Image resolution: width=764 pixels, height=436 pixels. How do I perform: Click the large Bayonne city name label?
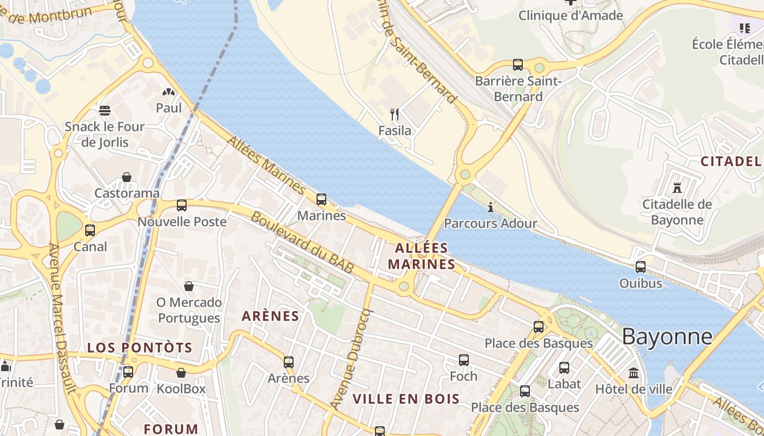pyautogui.click(x=667, y=337)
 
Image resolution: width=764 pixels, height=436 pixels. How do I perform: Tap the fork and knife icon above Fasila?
pyautogui.click(x=395, y=114)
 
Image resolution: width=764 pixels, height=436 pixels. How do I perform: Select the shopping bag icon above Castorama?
pyautogui.click(x=127, y=177)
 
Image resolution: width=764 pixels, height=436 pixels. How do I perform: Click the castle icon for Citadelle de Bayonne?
pyautogui.click(x=677, y=188)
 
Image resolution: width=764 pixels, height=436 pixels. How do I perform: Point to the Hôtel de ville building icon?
pyautogui.click(x=634, y=373)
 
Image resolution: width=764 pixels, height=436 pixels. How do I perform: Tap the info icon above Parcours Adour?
pyautogui.click(x=490, y=207)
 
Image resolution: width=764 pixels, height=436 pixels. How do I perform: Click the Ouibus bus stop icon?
pyautogui.click(x=641, y=267)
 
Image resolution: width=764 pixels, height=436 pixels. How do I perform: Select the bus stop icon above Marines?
pyautogui.click(x=321, y=199)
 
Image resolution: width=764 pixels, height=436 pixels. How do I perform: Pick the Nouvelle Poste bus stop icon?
pyautogui.click(x=182, y=205)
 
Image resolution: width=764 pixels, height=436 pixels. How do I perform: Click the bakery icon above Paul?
pyautogui.click(x=169, y=92)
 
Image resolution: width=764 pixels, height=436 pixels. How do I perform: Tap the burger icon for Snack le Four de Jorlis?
pyautogui.click(x=105, y=111)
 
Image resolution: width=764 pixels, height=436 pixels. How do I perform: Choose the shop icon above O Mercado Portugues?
pyautogui.click(x=189, y=286)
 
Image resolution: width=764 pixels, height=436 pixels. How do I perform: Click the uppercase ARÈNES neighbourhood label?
pyautogui.click(x=271, y=316)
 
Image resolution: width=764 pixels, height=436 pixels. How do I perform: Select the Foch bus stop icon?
pyautogui.click(x=463, y=360)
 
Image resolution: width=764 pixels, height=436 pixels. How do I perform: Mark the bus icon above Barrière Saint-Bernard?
pyautogui.click(x=518, y=65)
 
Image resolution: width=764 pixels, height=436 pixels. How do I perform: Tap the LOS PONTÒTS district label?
pyautogui.click(x=140, y=348)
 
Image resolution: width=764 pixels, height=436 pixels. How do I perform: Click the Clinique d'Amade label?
pyautogui.click(x=570, y=15)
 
